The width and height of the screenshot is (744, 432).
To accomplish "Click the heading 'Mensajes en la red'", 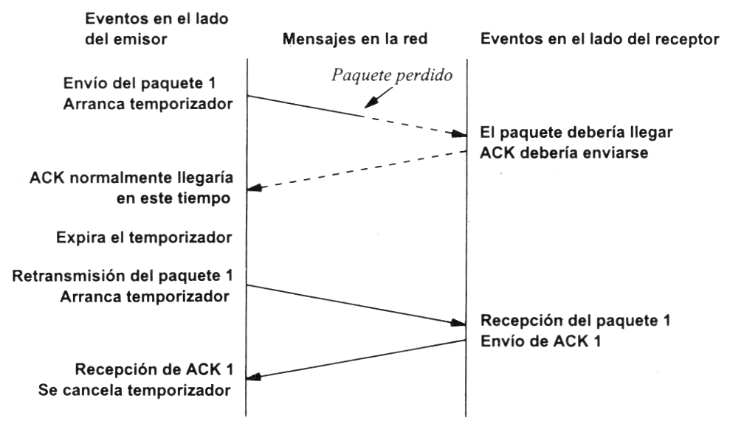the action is [x=355, y=38].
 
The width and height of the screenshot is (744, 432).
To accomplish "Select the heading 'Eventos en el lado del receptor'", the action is [x=600, y=39].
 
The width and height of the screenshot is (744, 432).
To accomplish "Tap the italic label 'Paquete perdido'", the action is [x=392, y=75].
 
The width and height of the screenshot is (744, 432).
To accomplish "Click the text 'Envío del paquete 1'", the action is [x=139, y=83].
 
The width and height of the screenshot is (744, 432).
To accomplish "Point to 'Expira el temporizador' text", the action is [x=144, y=237].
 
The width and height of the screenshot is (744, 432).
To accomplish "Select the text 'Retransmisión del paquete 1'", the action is [x=123, y=276].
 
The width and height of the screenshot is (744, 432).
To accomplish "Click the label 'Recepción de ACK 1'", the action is [x=154, y=369].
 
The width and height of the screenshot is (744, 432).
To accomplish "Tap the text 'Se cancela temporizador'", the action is [x=135, y=390].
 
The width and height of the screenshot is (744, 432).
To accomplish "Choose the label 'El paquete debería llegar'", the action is [x=576, y=132].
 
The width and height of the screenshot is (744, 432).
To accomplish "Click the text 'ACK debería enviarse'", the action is [x=564, y=153].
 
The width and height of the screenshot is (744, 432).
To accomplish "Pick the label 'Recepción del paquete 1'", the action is [x=576, y=321].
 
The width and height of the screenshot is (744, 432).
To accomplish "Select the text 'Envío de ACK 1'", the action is [x=541, y=341].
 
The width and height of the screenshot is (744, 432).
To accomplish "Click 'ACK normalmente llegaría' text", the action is [x=131, y=178].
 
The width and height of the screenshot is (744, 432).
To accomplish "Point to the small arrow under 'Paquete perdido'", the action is [x=379, y=97].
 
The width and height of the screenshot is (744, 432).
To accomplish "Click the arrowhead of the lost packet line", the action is [x=459, y=134].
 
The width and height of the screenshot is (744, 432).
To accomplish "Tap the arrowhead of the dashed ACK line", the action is [x=255, y=188].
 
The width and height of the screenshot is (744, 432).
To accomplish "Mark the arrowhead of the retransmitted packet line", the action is [x=458, y=323].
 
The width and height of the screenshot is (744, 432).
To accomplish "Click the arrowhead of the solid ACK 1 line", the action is [x=255, y=377].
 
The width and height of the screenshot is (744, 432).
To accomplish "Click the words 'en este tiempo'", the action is [x=173, y=198].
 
